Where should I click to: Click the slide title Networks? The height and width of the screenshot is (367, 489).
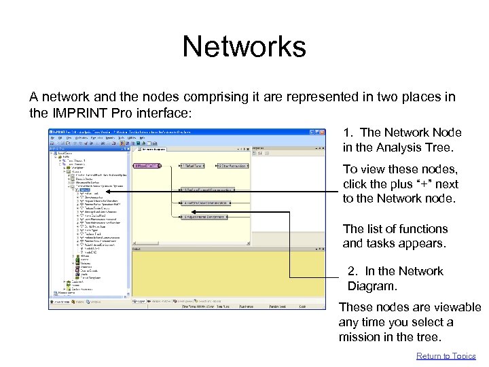[x=244, y=47]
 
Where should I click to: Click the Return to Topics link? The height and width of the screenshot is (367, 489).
[x=446, y=356]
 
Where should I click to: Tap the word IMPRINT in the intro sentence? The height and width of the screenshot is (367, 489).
[x=76, y=113]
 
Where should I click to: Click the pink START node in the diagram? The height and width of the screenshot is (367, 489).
[x=146, y=165]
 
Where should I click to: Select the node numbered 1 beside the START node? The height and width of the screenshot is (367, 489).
[x=194, y=165]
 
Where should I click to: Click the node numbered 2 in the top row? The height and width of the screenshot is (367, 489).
[x=232, y=165]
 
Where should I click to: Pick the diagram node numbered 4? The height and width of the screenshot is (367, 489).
[x=208, y=203]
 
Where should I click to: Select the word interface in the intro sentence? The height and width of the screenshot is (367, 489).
[x=170, y=113]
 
